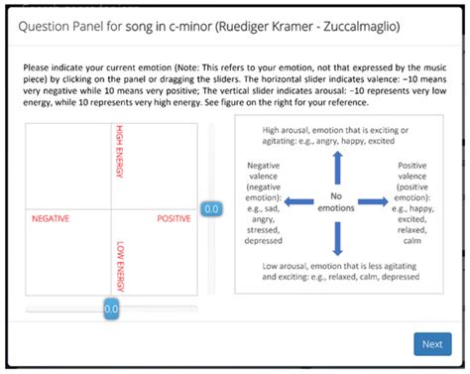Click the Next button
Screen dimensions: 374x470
(x=431, y=344)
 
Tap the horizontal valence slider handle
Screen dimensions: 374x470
(x=111, y=310)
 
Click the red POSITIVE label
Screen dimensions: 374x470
(x=174, y=217)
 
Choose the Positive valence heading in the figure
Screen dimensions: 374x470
(x=414, y=174)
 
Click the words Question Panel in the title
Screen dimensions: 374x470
(x=53, y=27)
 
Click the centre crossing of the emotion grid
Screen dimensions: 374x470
(x=112, y=209)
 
